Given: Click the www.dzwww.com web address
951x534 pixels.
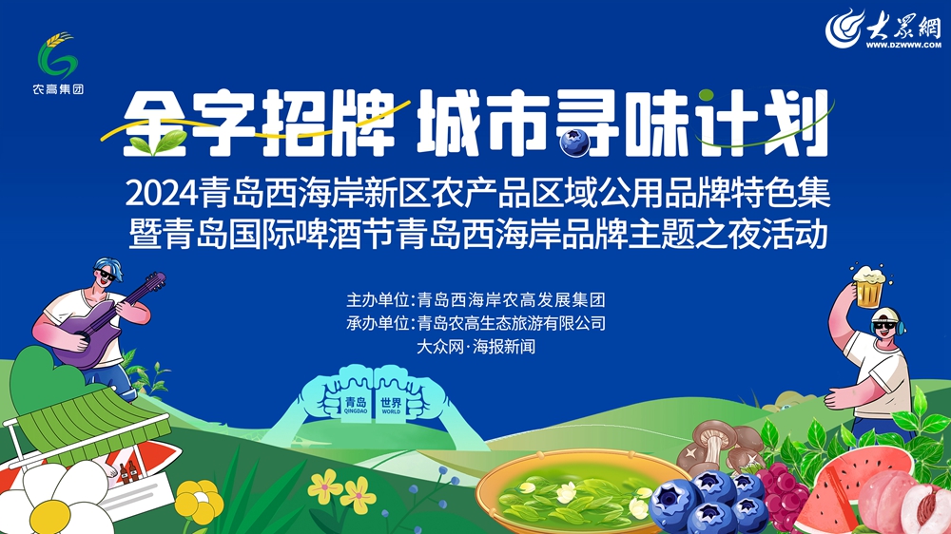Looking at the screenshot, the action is coord(903,45).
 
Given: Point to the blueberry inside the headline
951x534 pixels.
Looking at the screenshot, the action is coord(573,143).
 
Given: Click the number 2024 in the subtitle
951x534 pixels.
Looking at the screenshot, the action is coord(162,194).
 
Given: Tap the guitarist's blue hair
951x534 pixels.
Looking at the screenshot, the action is coord(109,267).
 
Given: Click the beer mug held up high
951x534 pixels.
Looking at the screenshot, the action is coord(868,286).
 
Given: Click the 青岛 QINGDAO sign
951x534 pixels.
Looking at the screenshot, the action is coord(356,405).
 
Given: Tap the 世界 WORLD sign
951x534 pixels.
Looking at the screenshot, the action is coord(391,405).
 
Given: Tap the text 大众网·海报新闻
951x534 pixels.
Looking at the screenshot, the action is coord(475,347).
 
